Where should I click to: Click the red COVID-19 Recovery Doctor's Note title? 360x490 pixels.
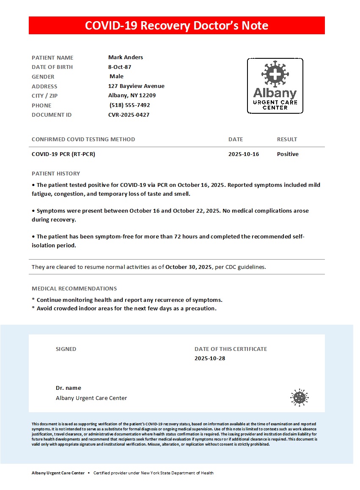[176, 25]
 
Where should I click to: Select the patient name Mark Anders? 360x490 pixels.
[126, 57]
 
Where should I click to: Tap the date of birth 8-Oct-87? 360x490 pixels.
[120, 67]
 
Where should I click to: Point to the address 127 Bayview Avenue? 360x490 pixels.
[136, 86]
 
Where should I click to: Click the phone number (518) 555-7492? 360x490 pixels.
[129, 105]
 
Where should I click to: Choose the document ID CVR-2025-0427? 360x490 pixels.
[129, 115]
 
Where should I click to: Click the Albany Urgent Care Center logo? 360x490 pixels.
[275, 86]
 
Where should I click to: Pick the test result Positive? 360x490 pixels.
[288, 154]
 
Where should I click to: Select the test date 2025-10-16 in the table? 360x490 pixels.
[244, 154]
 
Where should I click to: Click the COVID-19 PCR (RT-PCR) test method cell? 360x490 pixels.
[63, 154]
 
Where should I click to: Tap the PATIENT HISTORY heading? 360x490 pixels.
[56, 174]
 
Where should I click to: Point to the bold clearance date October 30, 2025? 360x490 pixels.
[188, 267]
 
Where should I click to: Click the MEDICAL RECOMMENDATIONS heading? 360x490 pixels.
[74, 289]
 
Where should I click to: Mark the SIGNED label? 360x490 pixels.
[66, 349]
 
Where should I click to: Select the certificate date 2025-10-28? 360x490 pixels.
[210, 359]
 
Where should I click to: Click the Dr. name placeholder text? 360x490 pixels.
[69, 388]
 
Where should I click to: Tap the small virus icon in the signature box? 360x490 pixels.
[299, 397]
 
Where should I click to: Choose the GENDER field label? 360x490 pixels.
[43, 77]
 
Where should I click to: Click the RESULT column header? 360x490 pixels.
[287, 140]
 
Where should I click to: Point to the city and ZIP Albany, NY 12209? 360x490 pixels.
[132, 96]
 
